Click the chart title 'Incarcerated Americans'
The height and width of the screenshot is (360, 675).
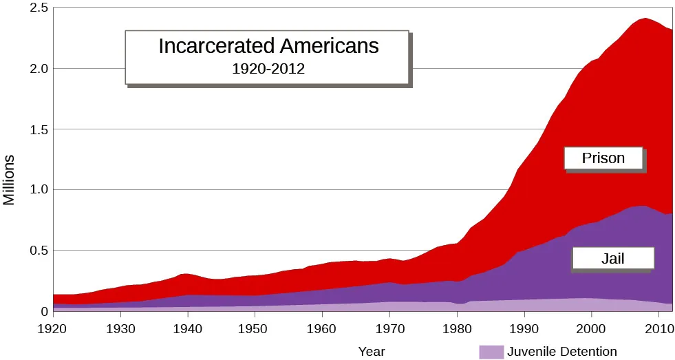[x=268, y=46]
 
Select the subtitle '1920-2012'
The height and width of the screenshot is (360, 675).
[x=268, y=69]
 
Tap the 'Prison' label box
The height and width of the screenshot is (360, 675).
[x=603, y=158]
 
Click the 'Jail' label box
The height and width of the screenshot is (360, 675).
[x=612, y=259]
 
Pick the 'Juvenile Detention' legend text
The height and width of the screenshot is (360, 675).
[x=562, y=352]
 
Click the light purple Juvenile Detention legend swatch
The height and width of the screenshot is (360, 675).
[x=491, y=352]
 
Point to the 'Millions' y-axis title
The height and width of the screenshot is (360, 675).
[x=9, y=180]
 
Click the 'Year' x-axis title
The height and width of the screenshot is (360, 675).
[x=372, y=352]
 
